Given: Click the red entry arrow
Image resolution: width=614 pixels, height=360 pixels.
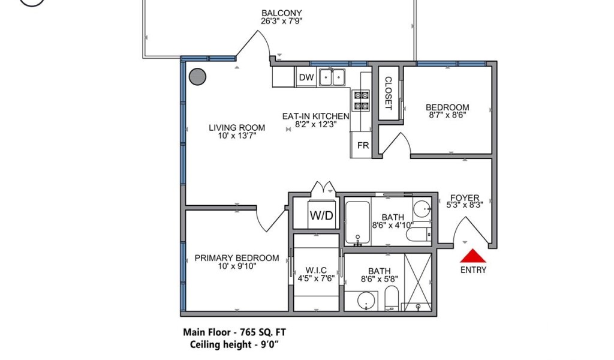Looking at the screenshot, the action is [473, 256].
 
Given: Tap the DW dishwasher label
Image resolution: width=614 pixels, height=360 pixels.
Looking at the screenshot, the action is [306, 77].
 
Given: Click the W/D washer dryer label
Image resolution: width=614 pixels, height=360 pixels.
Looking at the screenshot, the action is [321, 215].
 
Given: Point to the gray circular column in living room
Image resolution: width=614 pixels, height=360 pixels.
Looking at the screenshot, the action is [197, 77].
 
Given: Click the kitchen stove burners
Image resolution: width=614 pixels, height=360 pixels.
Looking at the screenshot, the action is [362, 100].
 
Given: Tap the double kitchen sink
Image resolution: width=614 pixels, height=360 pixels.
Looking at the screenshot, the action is [332, 77].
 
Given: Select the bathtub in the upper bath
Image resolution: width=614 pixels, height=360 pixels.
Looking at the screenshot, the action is [357, 223].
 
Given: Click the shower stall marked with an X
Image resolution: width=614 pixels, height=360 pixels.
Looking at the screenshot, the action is [418, 282].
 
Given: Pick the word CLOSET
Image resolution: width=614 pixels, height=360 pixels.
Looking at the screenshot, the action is [388, 93].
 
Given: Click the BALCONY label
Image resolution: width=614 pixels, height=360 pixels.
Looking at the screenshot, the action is [282, 13].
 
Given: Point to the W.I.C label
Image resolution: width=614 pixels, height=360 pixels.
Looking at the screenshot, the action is [316, 270].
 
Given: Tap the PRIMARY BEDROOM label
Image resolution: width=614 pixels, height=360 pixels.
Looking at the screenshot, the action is [237, 258].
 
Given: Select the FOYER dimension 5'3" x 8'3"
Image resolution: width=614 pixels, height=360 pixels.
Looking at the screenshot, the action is [465, 205].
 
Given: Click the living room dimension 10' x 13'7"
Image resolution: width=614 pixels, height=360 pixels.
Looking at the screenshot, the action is [237, 136].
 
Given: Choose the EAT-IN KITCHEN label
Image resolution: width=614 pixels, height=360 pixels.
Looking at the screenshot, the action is [315, 116].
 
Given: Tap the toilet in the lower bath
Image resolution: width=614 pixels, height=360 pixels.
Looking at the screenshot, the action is [392, 298].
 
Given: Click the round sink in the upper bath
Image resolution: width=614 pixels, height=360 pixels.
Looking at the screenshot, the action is [422, 209].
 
